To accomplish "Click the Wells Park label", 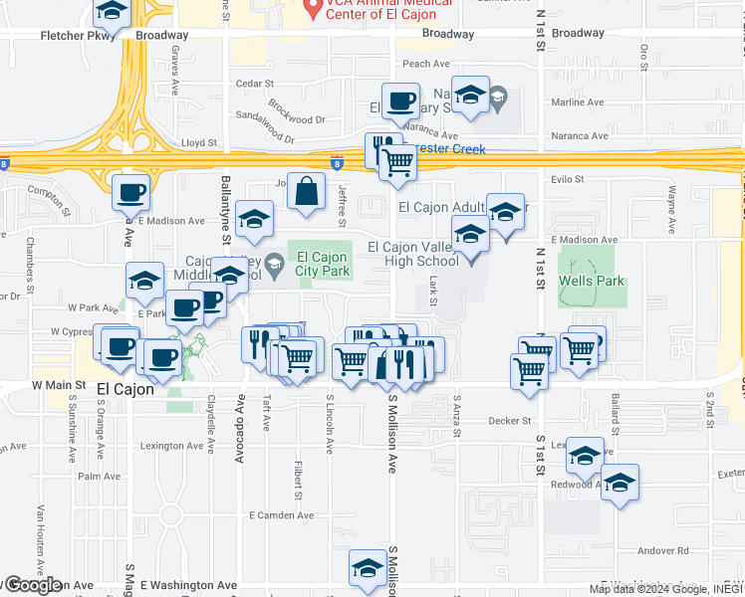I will pos(592,282).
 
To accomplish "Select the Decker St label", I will pos(509,421).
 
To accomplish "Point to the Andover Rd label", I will pos(663,550).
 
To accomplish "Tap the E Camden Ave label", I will pos(281,515).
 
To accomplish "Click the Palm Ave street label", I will pos(99,476).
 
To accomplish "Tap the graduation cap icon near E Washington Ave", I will pos(367,568).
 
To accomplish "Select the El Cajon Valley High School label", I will pos(412,255).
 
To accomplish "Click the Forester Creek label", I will pos(450,149).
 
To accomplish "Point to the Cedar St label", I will pos(254,84).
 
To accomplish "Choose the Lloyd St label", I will pos(198,143).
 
